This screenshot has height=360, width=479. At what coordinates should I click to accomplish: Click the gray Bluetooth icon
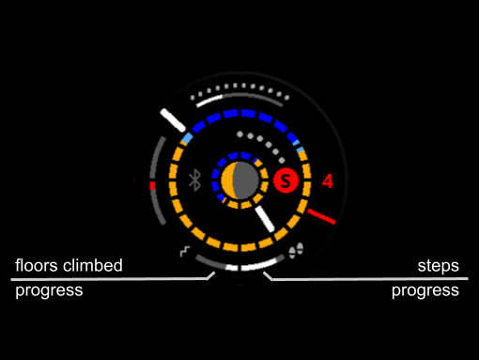(194, 180)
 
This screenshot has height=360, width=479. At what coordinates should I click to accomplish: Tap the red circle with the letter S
(286, 180)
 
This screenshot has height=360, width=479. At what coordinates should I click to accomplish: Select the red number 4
(328, 181)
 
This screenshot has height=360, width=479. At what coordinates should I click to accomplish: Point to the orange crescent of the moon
(227, 180)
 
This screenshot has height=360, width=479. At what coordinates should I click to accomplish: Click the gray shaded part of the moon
(246, 180)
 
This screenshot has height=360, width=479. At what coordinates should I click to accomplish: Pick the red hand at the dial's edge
(321, 216)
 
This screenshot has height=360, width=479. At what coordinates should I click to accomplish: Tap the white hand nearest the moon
(265, 219)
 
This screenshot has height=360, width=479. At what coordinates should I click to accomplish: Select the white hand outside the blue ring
(173, 120)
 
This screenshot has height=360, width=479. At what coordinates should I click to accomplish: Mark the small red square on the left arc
(152, 186)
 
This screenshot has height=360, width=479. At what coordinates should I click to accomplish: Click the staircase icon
(185, 252)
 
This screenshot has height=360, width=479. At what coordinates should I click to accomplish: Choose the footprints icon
(296, 250)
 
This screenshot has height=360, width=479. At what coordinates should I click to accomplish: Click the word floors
(38, 265)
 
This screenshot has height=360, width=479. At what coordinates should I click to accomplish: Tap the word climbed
(93, 265)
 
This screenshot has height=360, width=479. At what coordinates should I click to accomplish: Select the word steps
(439, 266)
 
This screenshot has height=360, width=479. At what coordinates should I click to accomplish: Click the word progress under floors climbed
(49, 290)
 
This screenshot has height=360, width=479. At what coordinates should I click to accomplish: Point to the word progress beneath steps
(425, 290)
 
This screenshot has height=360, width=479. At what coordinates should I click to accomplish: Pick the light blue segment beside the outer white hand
(188, 138)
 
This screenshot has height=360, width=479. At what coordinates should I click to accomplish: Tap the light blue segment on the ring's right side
(300, 149)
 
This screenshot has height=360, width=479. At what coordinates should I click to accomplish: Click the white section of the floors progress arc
(232, 268)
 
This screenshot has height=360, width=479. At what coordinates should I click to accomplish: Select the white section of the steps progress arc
(259, 265)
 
